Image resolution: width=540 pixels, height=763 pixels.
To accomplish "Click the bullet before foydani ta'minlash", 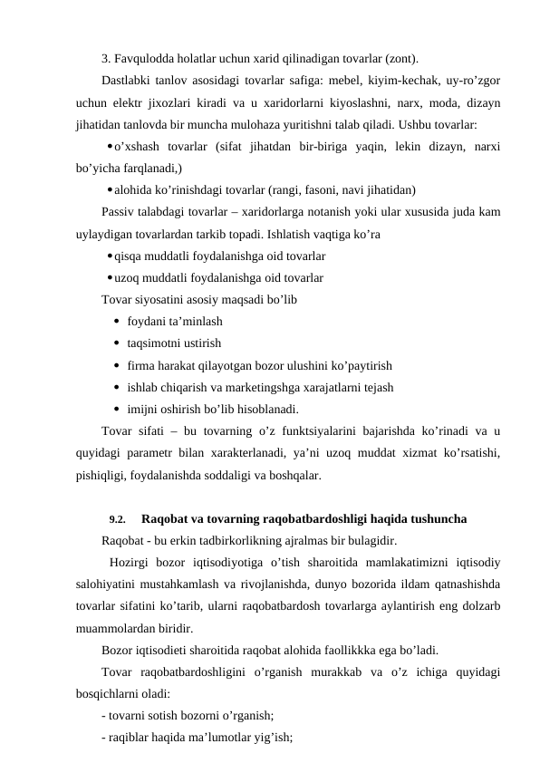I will (119, 322).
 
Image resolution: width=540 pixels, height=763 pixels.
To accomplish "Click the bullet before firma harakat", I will (119, 366).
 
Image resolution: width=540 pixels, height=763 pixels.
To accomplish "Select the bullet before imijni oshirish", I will (119, 410).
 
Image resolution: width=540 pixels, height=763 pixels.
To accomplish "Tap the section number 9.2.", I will (117, 520).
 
